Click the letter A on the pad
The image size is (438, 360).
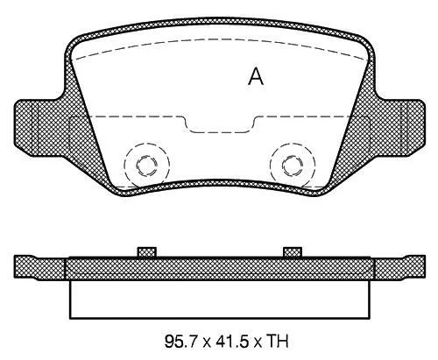point(256,76)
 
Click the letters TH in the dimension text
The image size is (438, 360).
point(278,342)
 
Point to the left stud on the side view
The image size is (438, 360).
point(147,252)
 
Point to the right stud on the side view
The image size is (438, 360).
point(293,252)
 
